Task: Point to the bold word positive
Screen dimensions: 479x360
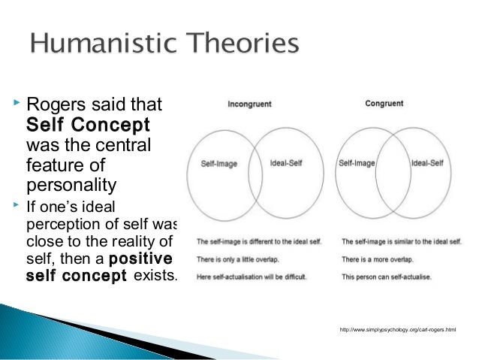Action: pos(140,261)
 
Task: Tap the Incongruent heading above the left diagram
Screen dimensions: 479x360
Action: pos(249,104)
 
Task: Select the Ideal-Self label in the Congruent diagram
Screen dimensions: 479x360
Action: pos(429,161)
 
